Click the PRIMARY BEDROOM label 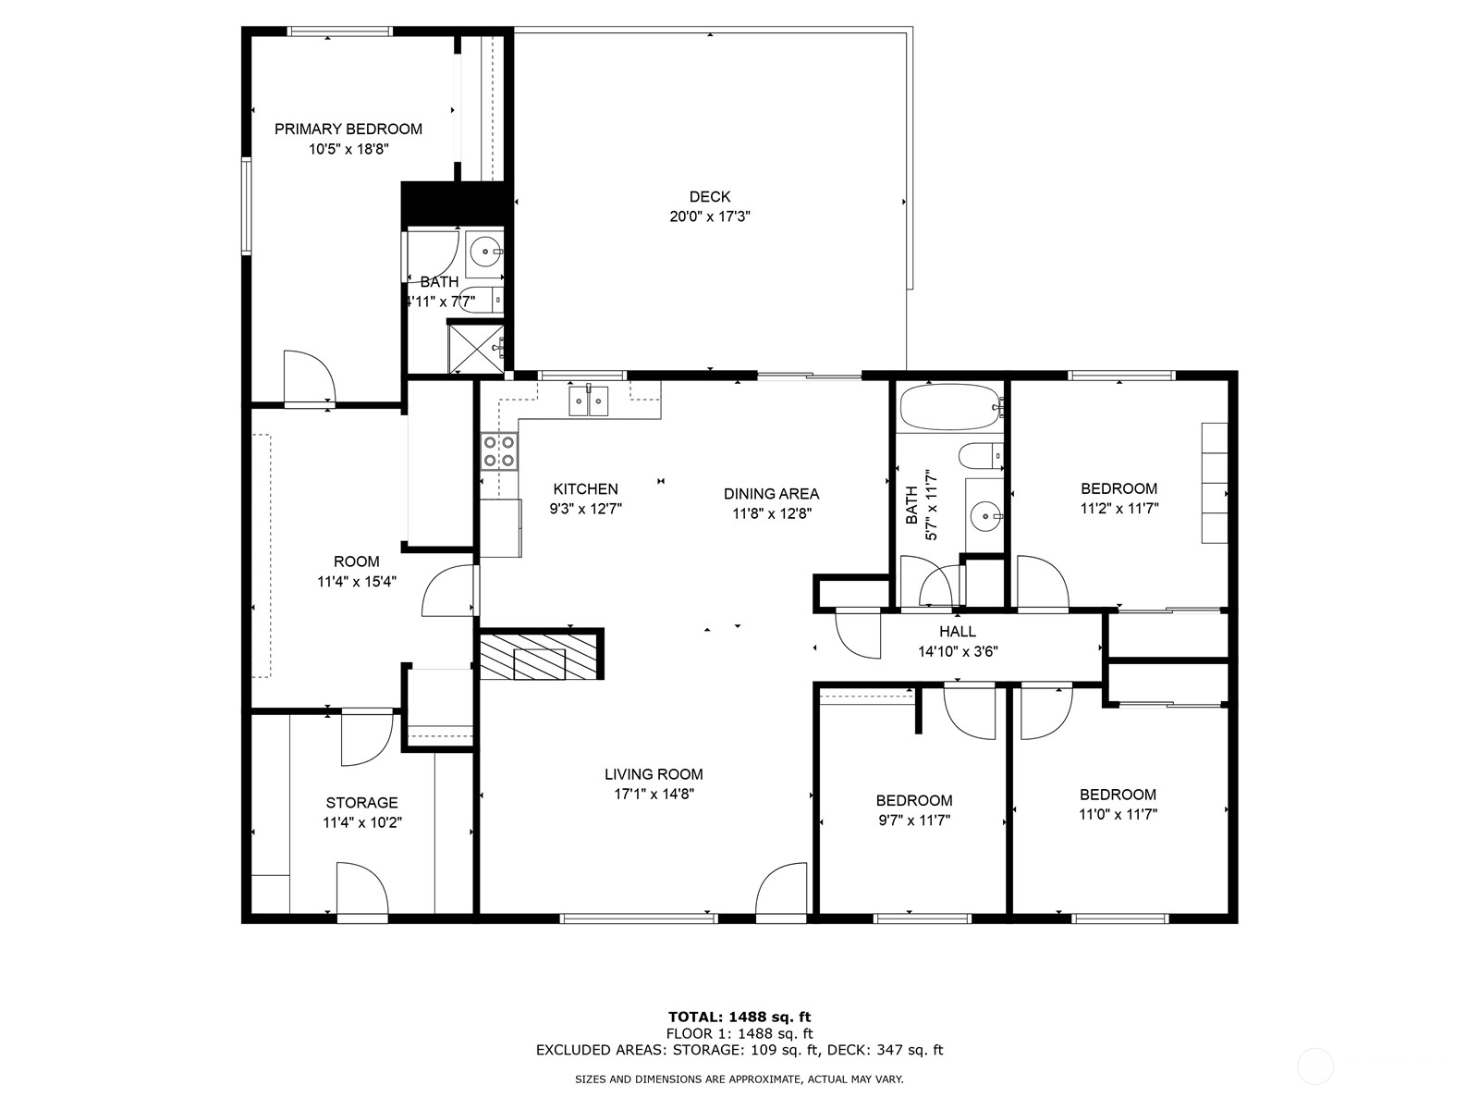click(348, 129)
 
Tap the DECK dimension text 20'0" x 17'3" click(709, 216)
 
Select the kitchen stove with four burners click(498, 451)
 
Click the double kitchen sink click(588, 401)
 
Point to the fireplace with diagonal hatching click(540, 656)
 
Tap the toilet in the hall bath click(979, 455)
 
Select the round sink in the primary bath click(484, 250)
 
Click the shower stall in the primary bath click(475, 346)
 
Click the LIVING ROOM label click(654, 774)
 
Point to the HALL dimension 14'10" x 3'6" click(957, 651)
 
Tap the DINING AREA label click(771, 494)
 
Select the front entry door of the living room click(781, 890)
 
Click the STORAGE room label click(361, 803)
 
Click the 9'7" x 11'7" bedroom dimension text click(913, 820)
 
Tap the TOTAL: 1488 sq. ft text click(739, 1017)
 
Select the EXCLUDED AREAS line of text click(739, 1050)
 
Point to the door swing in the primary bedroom click(308, 376)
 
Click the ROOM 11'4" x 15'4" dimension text click(356, 582)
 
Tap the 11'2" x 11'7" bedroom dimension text click(1118, 508)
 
